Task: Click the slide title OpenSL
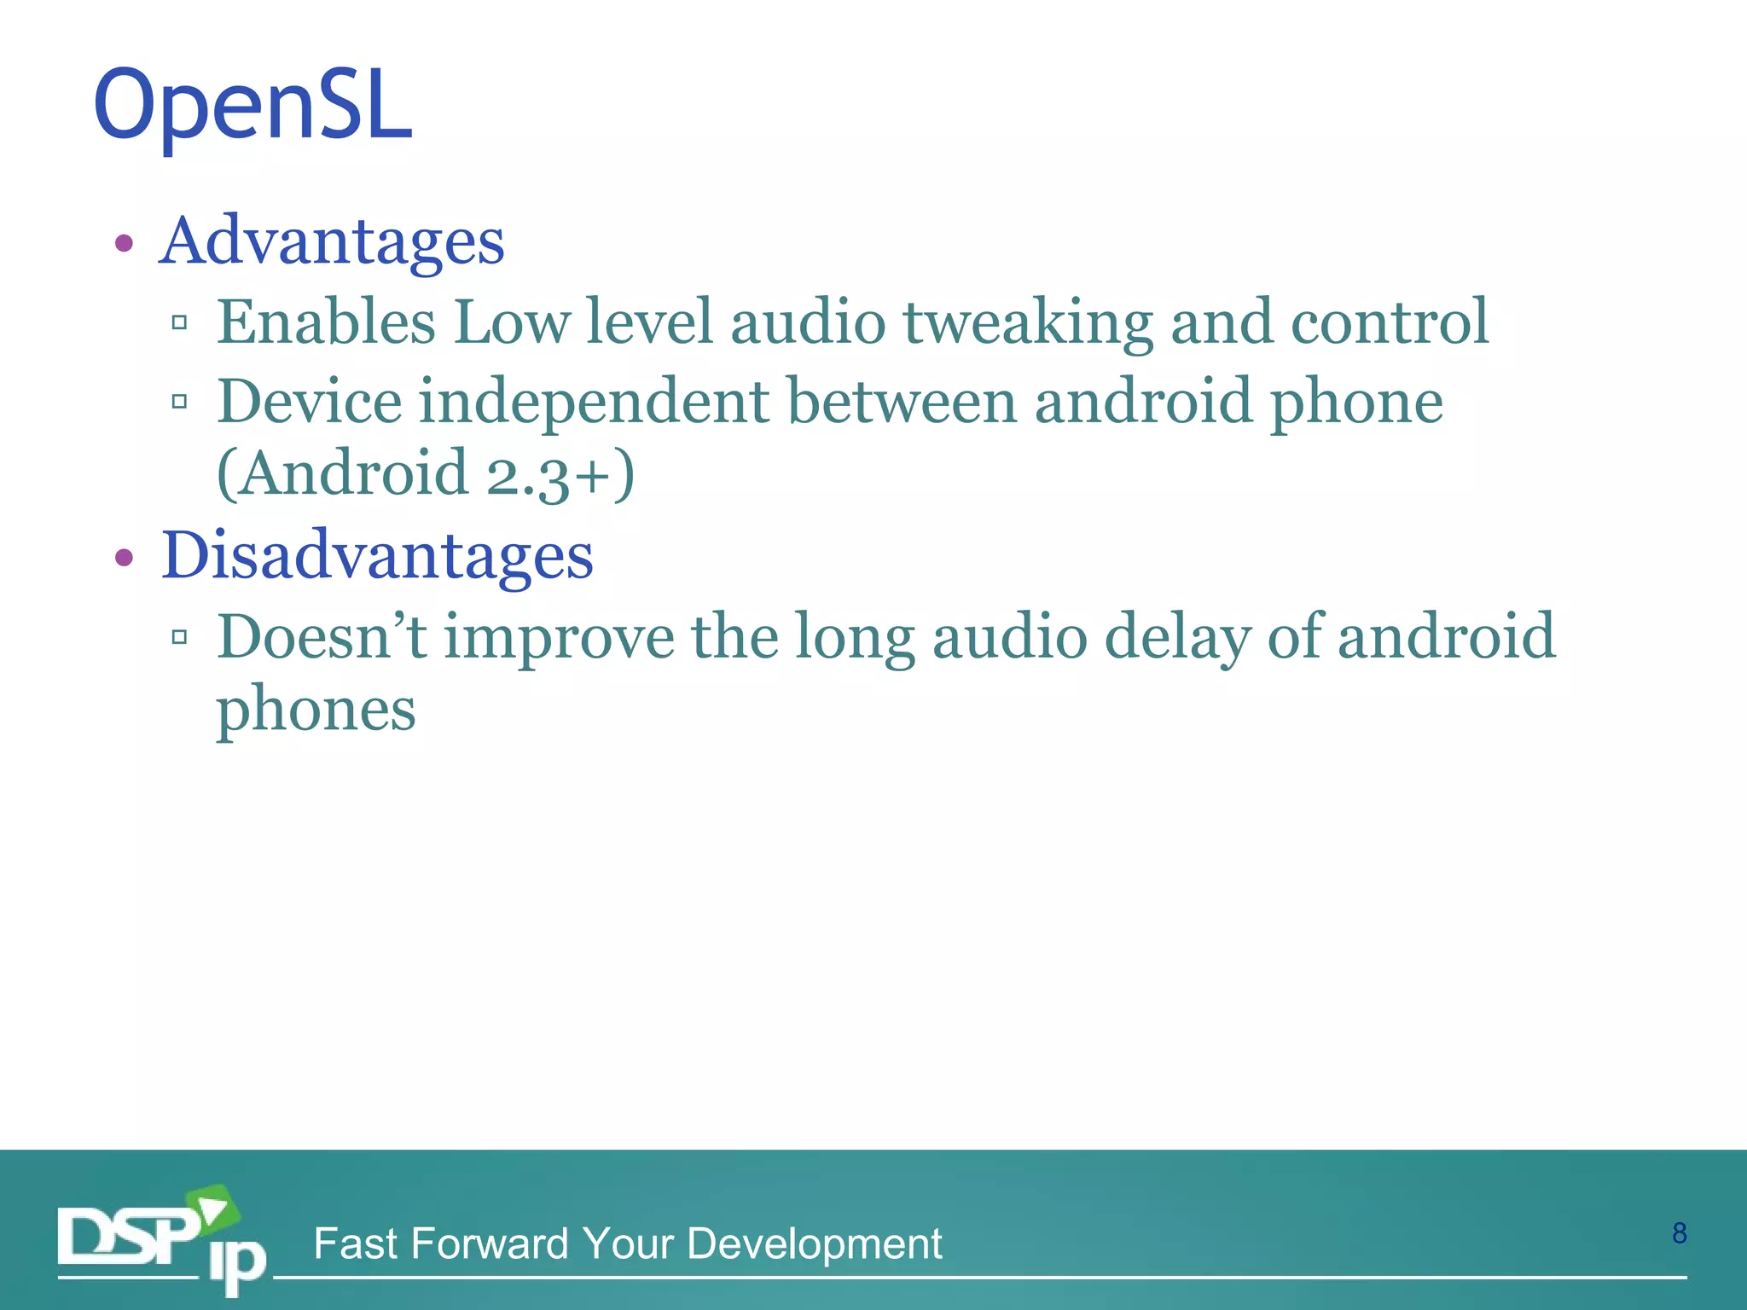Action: pyautogui.click(x=253, y=107)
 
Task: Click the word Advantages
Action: pyautogui.click(x=333, y=241)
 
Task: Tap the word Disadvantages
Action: pyautogui.click(x=377, y=556)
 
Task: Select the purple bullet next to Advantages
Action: pyautogui.click(x=125, y=244)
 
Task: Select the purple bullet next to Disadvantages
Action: pyautogui.click(x=125, y=559)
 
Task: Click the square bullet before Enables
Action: pyautogui.click(x=179, y=322)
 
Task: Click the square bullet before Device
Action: pyautogui.click(x=179, y=402)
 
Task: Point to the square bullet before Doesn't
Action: pyautogui.click(x=179, y=637)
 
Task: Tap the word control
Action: pyautogui.click(x=1390, y=322)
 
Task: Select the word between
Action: pyautogui.click(x=901, y=401)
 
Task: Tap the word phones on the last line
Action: pyautogui.click(x=316, y=710)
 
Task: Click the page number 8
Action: pyautogui.click(x=1679, y=1233)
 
